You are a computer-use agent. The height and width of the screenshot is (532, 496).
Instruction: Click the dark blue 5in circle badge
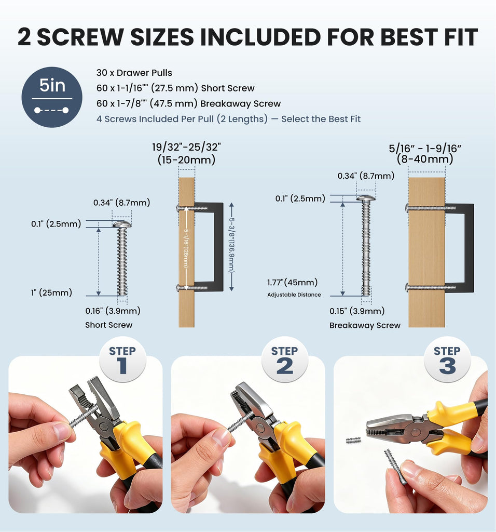[52, 97]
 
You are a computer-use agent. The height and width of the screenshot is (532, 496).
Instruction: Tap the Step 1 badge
[122, 360]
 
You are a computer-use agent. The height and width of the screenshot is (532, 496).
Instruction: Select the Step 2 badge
[285, 360]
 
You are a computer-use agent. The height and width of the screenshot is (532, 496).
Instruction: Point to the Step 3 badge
[447, 360]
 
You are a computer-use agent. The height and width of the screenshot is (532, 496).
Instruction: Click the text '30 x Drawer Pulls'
[134, 73]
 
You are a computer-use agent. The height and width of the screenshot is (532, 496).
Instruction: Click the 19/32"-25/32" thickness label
[186, 153]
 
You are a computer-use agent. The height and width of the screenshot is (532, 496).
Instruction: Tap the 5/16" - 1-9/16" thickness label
[425, 154]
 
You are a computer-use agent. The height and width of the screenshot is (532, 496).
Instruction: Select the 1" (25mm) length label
[51, 292]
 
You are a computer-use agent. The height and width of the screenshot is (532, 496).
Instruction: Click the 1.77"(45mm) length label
[293, 282]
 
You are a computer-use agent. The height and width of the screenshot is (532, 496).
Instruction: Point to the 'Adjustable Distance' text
[294, 295]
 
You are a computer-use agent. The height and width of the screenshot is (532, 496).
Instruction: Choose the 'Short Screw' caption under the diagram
[109, 325]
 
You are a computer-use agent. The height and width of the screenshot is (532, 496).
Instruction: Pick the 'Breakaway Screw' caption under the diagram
[365, 325]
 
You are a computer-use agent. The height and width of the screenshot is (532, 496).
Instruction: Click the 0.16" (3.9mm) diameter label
[113, 311]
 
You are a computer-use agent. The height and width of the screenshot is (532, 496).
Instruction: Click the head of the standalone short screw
[122, 224]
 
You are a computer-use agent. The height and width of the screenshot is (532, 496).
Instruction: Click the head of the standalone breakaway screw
[366, 198]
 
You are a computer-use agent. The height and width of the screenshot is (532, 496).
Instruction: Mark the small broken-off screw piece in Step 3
[353, 441]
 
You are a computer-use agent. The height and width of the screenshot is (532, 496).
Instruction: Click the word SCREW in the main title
[80, 37]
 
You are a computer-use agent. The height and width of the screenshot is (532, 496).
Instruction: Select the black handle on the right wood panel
[459, 247]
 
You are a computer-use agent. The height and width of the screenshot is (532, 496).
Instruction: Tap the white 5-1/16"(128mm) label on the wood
[186, 249]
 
